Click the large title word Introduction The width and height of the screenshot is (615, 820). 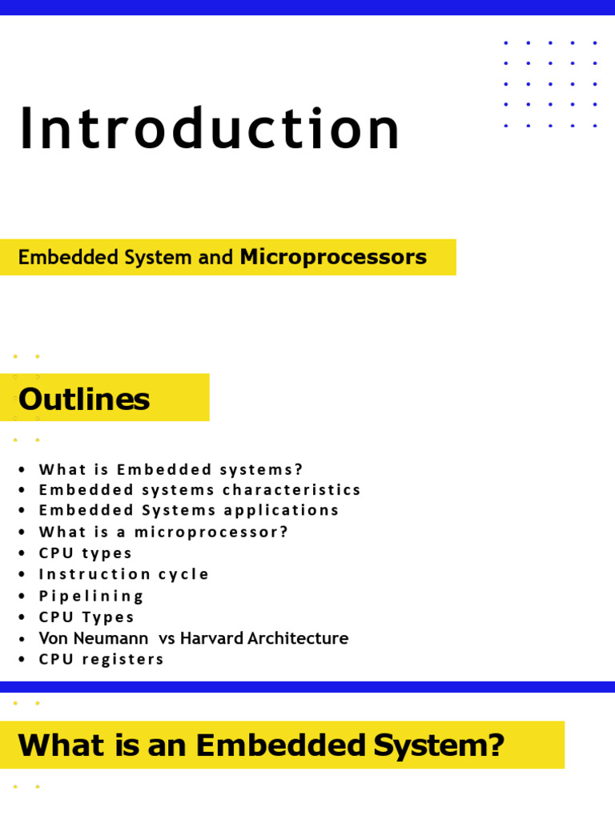pyautogui.click(x=209, y=130)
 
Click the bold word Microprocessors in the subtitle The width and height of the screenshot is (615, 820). pyautogui.click(x=333, y=257)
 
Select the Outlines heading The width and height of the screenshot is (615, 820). pyautogui.click(x=84, y=399)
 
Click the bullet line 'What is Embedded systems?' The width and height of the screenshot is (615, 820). pyautogui.click(x=171, y=469)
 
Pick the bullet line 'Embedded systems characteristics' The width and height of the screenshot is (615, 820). pyautogui.click(x=200, y=489)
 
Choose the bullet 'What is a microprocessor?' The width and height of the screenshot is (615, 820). pyautogui.click(x=163, y=532)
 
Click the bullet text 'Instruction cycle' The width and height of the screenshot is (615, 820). pyautogui.click(x=124, y=574)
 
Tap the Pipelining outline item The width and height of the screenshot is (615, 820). pyautogui.click(x=91, y=596)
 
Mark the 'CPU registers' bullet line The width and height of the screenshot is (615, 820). pyautogui.click(x=102, y=659)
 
